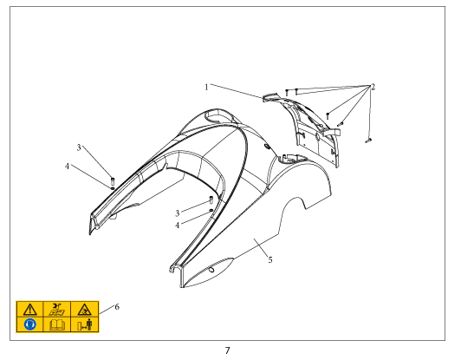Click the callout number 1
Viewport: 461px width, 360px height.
[x=206, y=87]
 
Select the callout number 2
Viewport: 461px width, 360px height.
[x=373, y=87]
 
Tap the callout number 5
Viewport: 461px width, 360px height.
[x=270, y=259]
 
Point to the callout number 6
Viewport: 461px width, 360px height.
[x=117, y=307]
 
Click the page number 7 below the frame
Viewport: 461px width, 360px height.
[x=227, y=350]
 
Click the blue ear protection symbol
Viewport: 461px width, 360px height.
[x=30, y=324]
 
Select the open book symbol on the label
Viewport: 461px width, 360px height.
[x=57, y=325]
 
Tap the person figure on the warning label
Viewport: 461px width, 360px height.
[x=89, y=324]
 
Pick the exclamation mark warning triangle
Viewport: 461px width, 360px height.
[x=30, y=310]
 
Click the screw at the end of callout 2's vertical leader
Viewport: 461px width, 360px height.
[x=368, y=141]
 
